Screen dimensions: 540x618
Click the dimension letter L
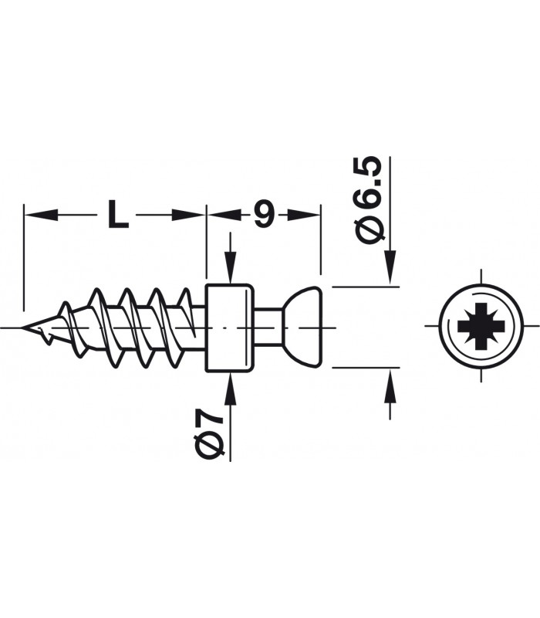click(118, 215)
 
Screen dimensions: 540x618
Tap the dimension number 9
click(264, 215)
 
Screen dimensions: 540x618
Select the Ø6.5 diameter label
click(369, 200)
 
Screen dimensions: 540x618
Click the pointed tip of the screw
click(23, 327)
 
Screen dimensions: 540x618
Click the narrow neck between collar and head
click(268, 328)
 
